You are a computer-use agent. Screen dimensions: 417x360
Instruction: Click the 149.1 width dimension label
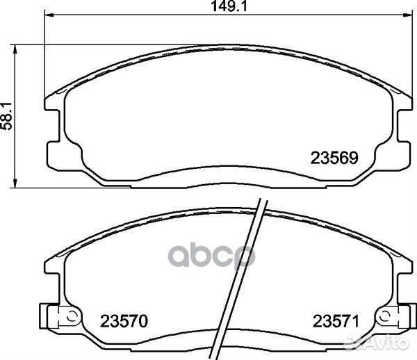click(x=229, y=6)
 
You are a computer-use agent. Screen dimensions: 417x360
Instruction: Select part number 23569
click(x=334, y=158)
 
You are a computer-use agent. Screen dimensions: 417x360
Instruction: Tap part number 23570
click(x=124, y=321)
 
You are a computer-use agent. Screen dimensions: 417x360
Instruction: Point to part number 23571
click(x=336, y=321)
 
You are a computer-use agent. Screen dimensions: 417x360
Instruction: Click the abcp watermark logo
click(x=211, y=256)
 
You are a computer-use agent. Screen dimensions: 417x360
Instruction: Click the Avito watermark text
click(x=378, y=343)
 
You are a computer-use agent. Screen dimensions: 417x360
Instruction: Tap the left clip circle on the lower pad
click(x=71, y=316)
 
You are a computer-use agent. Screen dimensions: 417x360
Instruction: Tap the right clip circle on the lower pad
click(x=384, y=316)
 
